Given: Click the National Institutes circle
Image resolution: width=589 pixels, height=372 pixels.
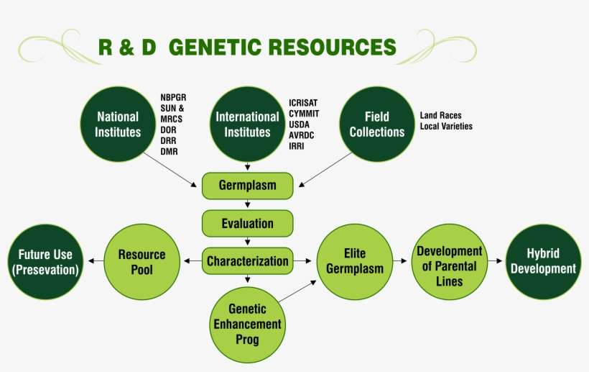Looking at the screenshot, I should pos(118,124).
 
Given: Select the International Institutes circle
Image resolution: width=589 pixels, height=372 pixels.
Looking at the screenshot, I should pos(247,124).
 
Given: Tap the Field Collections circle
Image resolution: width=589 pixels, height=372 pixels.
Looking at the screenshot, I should pos(377,124).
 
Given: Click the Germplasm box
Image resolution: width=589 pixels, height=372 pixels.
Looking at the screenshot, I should pos(247,186).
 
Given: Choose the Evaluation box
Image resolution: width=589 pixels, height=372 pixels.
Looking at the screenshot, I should pos(247,223).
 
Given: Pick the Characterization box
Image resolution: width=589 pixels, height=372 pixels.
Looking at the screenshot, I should pos(247,261).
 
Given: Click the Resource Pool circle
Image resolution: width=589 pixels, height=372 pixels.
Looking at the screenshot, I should pos(142,262).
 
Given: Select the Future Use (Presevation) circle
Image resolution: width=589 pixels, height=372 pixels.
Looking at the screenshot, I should pos(45,262).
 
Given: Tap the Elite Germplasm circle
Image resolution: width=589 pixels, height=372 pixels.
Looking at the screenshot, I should pos(355,262).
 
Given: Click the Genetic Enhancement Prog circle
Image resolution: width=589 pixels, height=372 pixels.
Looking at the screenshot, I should pos(247,324).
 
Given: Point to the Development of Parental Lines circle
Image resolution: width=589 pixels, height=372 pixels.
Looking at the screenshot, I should pos(449,262).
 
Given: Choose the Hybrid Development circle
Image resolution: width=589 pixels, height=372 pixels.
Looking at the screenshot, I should pos(542,262).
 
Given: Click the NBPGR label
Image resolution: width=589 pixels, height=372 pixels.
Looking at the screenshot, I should pos(174,98).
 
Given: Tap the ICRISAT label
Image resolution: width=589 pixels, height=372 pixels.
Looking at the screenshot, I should pos(305,103).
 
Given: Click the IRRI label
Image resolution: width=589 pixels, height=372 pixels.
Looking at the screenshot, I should pos(297,145).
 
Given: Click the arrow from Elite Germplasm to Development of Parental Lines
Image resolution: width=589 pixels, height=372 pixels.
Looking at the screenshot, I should pos(401,262).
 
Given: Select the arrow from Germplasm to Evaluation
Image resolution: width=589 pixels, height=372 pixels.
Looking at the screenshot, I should pos(247,204).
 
